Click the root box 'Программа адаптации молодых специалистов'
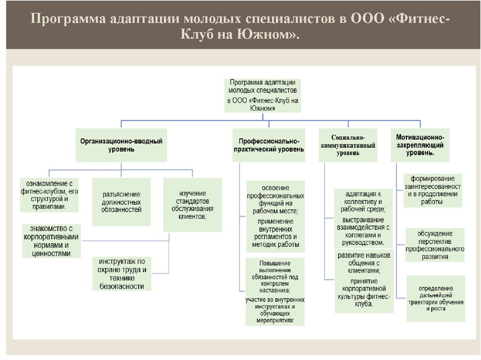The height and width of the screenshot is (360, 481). coord(263,94)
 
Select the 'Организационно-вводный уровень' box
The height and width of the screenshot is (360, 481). coord(121,145)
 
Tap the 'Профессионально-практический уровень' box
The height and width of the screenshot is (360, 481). coord(268,145)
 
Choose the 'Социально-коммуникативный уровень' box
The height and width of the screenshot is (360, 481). coord(348,145)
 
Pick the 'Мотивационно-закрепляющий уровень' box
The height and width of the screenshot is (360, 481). coord(419,145)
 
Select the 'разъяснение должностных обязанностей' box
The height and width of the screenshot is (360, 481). coord(121,202)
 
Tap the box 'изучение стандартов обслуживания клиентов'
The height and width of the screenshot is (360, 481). coord(193,204)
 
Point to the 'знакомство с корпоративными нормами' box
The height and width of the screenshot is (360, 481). coord(51,241)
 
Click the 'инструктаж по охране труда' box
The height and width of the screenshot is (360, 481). coord(122,274)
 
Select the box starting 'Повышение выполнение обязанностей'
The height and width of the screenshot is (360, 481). coord(275,291)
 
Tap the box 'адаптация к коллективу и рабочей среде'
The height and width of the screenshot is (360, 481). coord(364,218)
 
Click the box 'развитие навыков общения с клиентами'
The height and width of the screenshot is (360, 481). coord(364,282)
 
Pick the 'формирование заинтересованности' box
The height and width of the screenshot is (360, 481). coord(432,190)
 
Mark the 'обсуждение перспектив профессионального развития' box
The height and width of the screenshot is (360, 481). coord(435,245)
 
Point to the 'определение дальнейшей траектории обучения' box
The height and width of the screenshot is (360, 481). coord(435,298)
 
